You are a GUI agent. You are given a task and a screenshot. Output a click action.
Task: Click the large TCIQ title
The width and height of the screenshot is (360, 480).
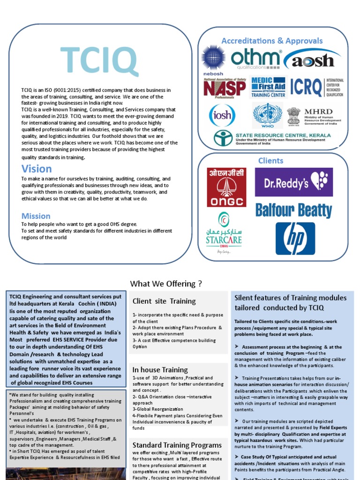[99, 61]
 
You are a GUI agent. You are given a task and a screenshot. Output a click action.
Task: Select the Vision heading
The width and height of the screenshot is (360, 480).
[37, 169]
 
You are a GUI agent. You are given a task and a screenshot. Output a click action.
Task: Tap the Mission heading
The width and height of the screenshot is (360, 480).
[36, 216]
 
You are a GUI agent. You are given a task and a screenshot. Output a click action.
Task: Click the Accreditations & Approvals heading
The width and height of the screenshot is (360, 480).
[272, 41]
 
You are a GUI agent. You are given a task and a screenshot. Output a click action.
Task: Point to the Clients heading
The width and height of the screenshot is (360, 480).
[271, 161]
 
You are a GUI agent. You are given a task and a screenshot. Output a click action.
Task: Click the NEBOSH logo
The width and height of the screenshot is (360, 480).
[213, 60]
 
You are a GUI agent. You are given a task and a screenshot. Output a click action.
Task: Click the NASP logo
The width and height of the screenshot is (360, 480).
[224, 87]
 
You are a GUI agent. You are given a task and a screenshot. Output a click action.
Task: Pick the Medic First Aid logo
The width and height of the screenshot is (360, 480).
[269, 87]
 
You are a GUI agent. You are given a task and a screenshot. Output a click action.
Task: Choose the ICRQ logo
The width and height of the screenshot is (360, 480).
[316, 87]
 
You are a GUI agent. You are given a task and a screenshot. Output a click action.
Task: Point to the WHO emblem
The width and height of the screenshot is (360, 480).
[268, 115]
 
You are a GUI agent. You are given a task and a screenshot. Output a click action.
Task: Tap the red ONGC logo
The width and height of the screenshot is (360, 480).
[226, 187]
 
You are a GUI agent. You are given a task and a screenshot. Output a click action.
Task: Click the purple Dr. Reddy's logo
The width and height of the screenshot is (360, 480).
[293, 182]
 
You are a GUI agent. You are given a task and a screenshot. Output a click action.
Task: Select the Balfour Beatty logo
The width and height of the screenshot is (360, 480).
[293, 210]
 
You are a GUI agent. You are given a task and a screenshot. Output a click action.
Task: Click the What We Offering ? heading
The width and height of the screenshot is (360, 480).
[166, 284]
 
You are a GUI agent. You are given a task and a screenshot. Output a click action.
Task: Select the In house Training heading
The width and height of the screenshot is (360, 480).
[160, 370]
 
